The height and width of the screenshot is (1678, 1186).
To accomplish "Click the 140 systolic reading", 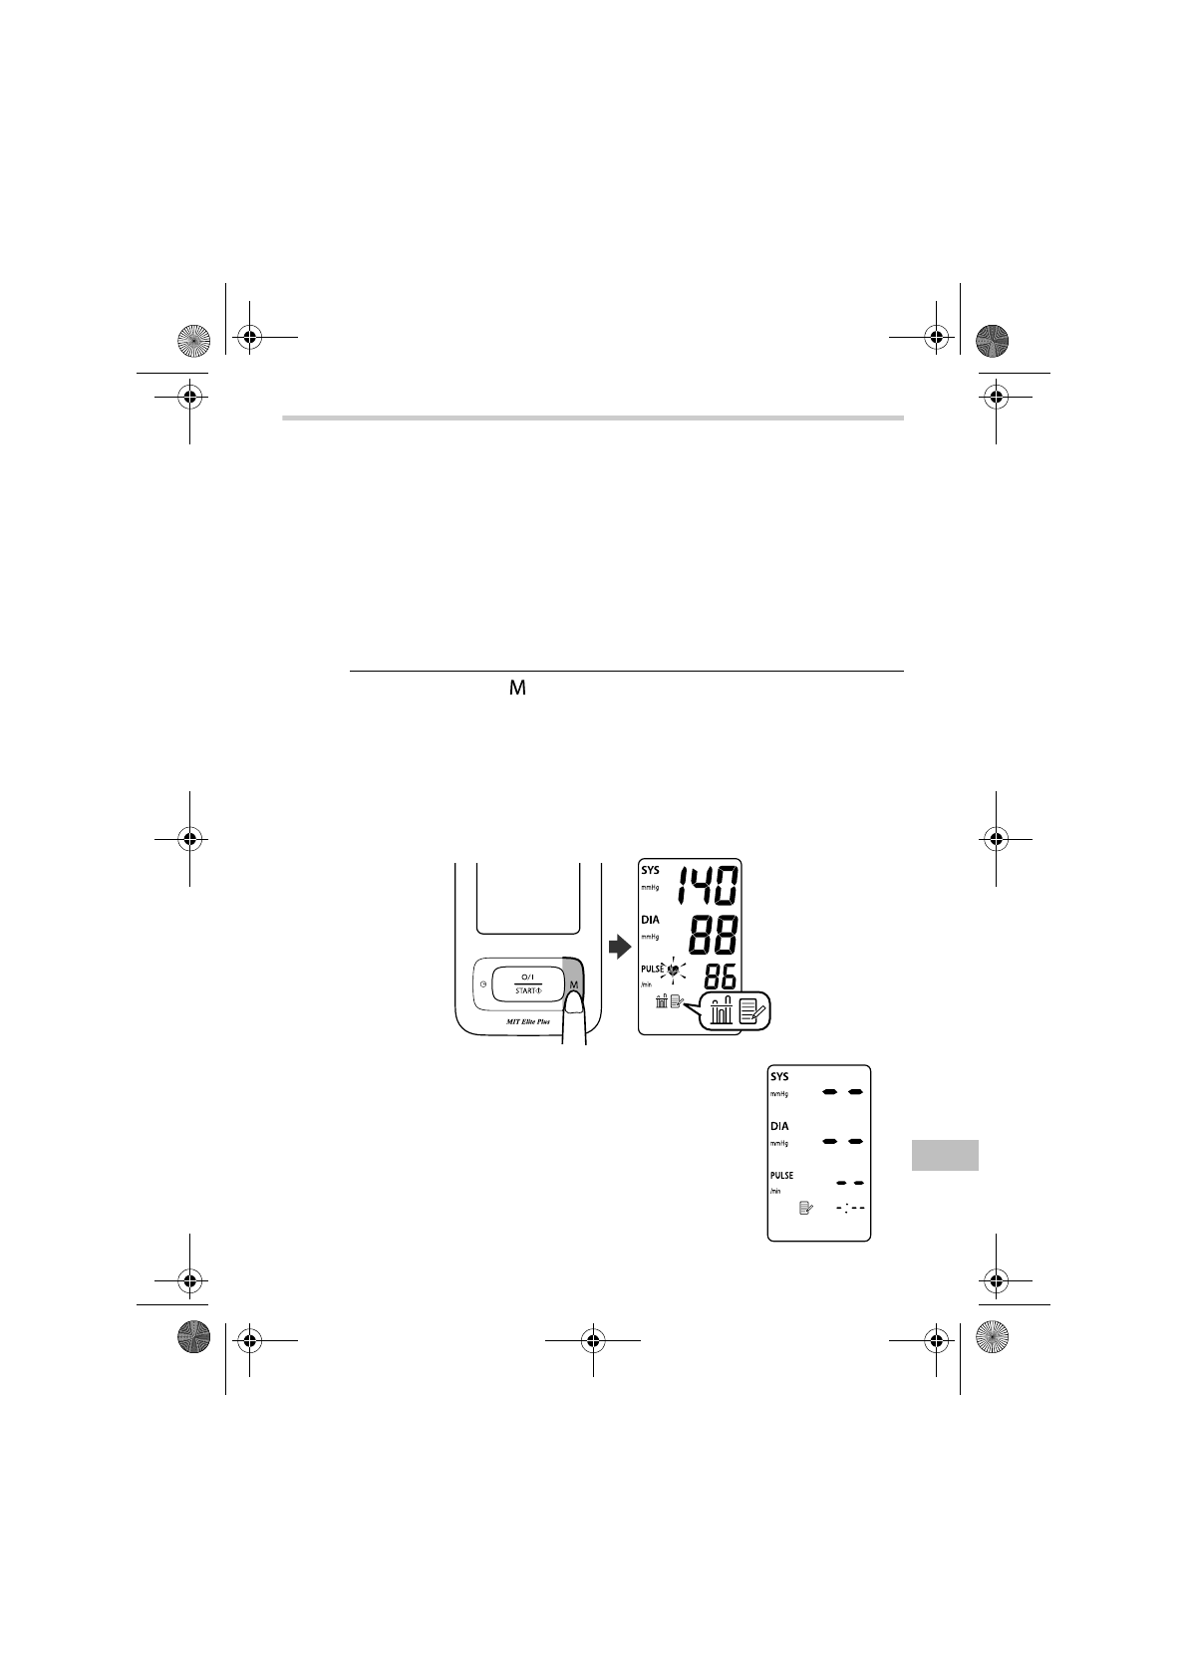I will [709, 887].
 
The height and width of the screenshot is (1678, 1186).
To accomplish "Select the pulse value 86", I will [715, 977].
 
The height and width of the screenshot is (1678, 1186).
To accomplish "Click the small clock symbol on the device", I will [482, 984].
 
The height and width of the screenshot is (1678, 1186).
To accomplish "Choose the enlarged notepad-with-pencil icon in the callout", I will [753, 1011].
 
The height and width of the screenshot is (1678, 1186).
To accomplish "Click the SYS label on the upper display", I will [650, 870].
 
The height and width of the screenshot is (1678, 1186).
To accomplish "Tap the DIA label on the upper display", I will [650, 920].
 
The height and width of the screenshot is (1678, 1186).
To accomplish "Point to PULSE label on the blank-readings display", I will [781, 1176].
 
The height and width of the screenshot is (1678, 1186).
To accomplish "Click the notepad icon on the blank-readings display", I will [806, 1208].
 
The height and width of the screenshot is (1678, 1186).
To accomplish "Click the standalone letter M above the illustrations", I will [517, 689].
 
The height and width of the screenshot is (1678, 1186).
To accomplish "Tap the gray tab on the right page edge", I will [944, 1155].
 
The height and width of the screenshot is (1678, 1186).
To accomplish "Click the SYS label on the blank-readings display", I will [779, 1077].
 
